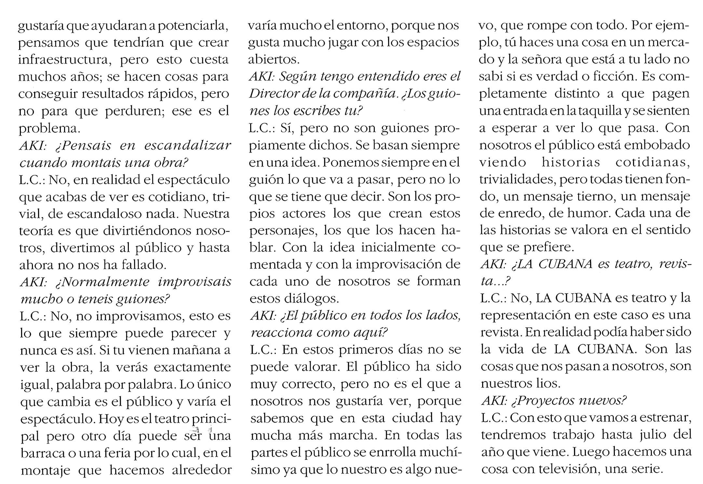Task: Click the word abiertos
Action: click(x=272, y=60)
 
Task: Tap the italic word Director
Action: click(x=273, y=94)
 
